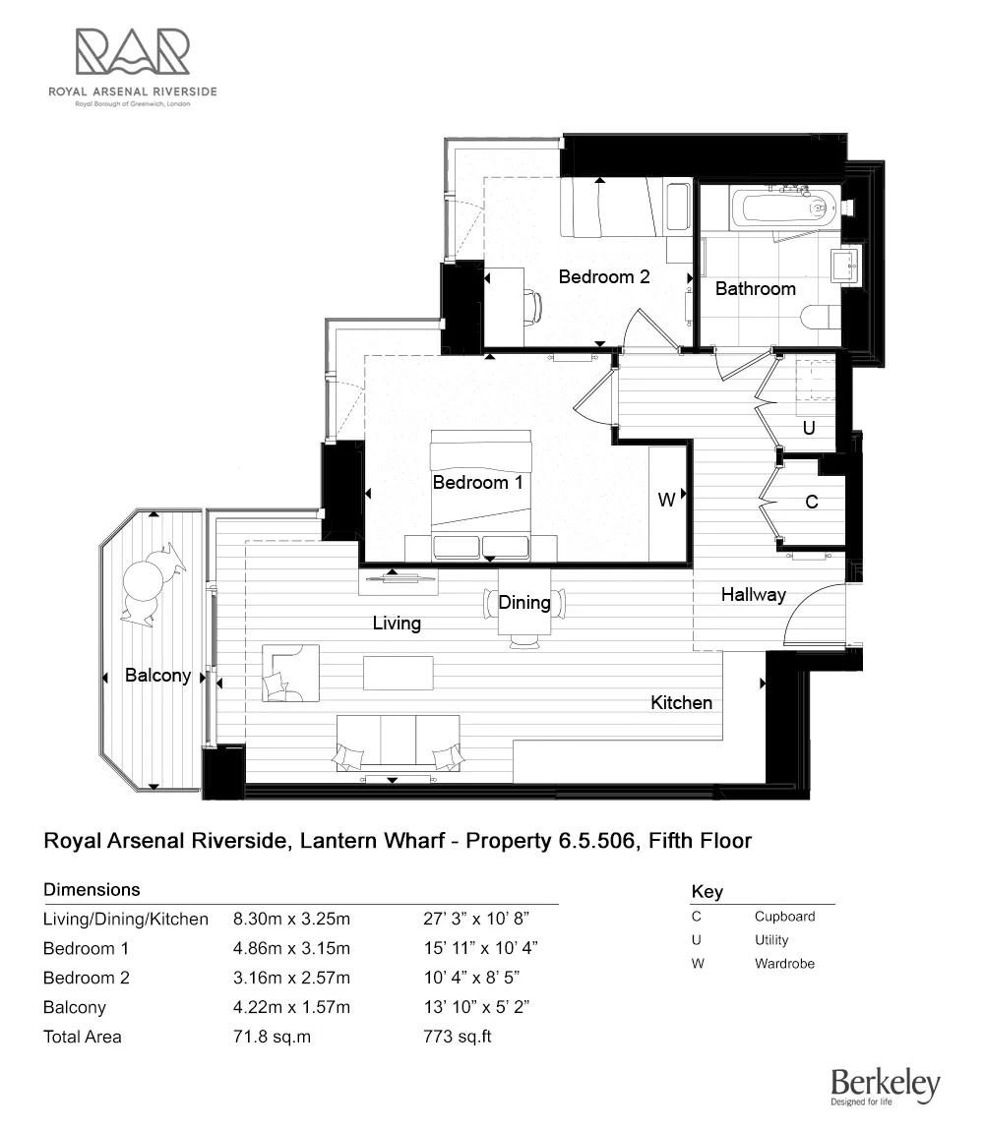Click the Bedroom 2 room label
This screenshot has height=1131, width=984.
pyautogui.click(x=604, y=276)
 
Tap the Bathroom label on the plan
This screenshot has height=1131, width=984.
pyautogui.click(x=755, y=288)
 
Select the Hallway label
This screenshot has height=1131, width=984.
pyautogui.click(x=753, y=594)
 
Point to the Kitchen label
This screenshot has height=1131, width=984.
pyautogui.click(x=681, y=702)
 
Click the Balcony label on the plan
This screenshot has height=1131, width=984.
pyautogui.click(x=157, y=676)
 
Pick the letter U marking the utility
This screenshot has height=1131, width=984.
pyautogui.click(x=809, y=429)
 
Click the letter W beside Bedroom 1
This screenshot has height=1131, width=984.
pyautogui.click(x=666, y=500)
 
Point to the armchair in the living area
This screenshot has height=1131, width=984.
pyautogui.click(x=289, y=673)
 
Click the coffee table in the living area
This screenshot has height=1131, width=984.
pyautogui.click(x=398, y=674)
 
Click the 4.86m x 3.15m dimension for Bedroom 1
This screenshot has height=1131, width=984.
pyautogui.click(x=291, y=949)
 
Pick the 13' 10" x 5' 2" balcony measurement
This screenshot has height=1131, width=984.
pyautogui.click(x=476, y=1007)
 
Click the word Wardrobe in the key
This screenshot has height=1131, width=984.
pyautogui.click(x=784, y=964)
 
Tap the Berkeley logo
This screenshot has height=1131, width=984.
pyautogui.click(x=885, y=1087)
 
